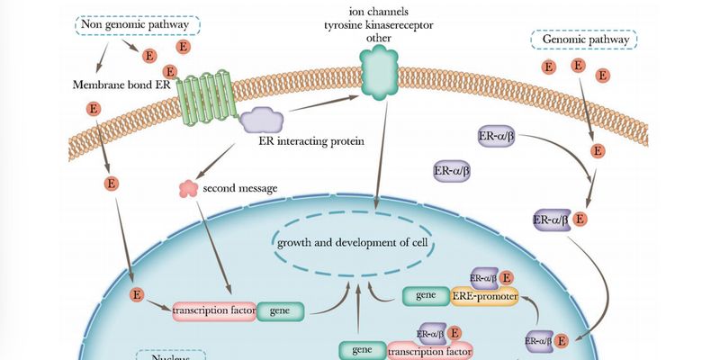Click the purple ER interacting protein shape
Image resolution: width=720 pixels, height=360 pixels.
click(x=262, y=121)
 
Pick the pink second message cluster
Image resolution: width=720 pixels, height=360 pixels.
click(x=189, y=188)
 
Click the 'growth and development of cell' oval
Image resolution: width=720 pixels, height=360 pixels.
click(x=352, y=243)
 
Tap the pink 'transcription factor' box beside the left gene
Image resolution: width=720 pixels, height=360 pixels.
click(x=213, y=311)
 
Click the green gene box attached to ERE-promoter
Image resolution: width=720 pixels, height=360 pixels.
click(x=426, y=295)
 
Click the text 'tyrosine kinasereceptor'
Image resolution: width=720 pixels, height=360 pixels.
click(x=378, y=23)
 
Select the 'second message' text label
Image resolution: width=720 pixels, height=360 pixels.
click(x=240, y=188)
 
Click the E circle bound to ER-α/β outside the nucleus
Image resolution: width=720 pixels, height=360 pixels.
click(x=580, y=219)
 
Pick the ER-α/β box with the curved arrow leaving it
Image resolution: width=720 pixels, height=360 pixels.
click(x=499, y=137)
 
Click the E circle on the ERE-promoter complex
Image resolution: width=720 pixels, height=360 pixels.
click(x=508, y=277)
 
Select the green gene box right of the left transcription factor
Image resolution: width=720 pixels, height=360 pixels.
click(x=280, y=311)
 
